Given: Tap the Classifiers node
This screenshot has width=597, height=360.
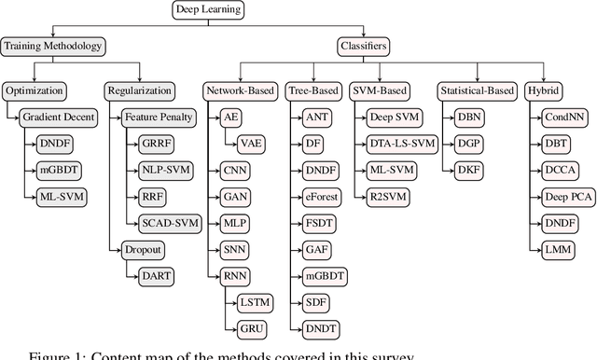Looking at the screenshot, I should [x=362, y=45].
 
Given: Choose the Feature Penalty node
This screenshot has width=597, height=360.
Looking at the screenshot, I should [x=159, y=118].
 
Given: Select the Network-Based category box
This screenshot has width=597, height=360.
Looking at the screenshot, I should [x=239, y=91].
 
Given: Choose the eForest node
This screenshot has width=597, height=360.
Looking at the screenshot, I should [x=317, y=197].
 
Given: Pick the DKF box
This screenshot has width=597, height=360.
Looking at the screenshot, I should [x=468, y=171].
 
